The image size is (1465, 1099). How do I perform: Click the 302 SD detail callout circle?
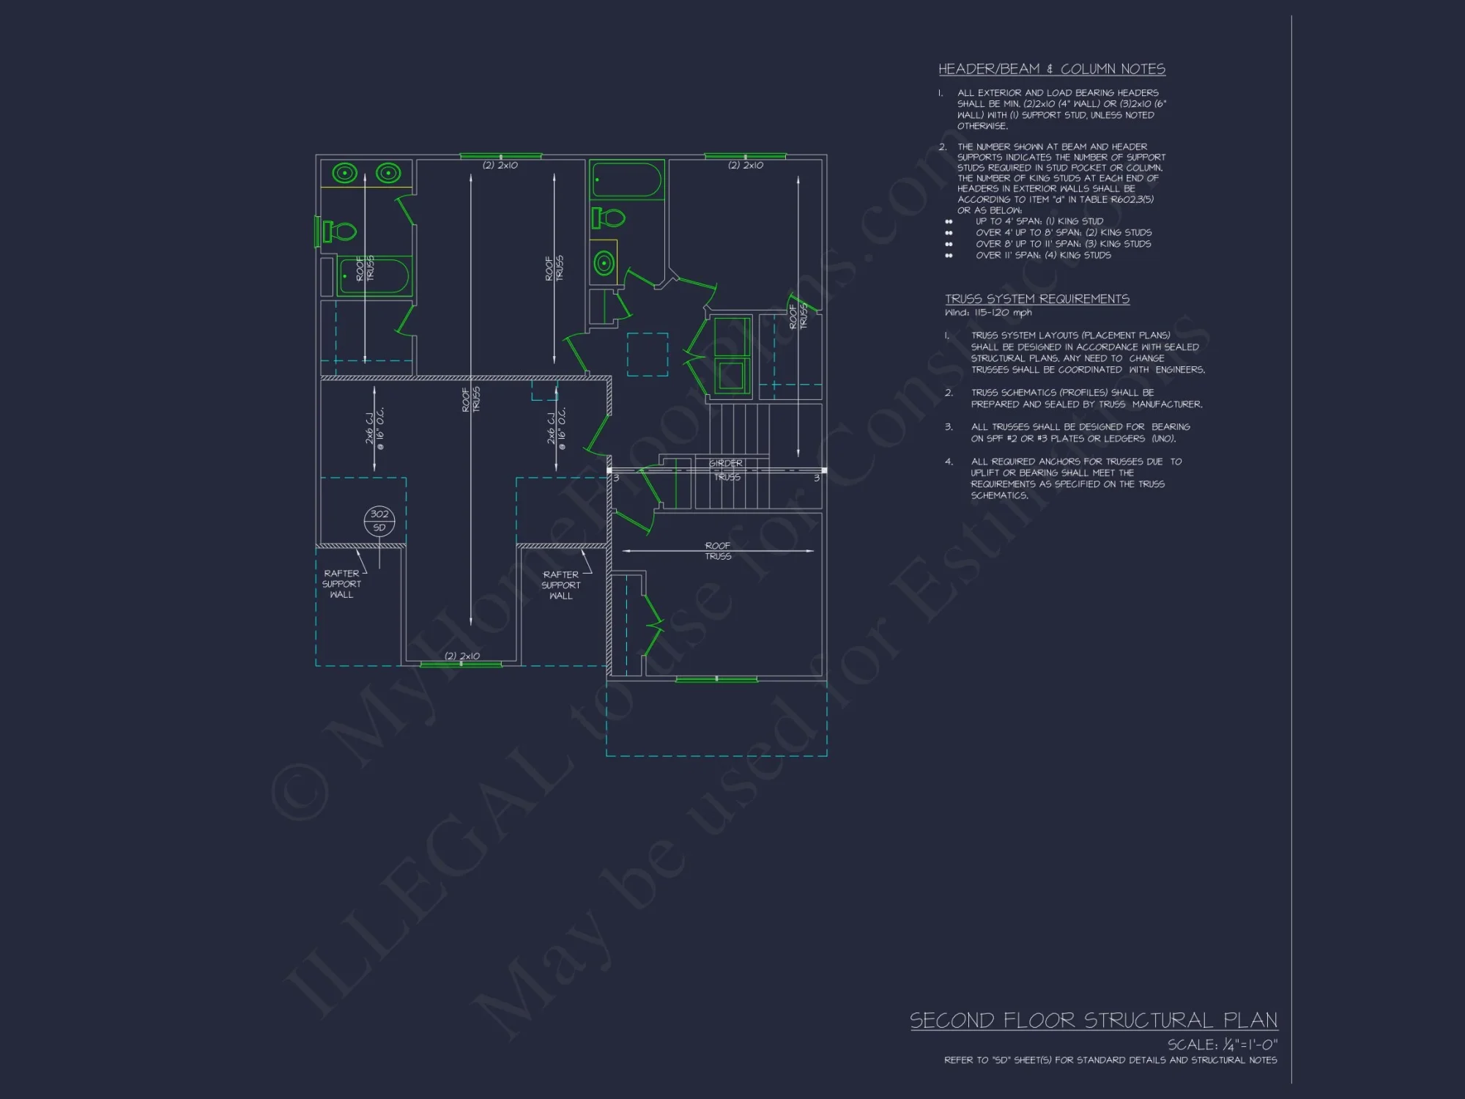tap(379, 521)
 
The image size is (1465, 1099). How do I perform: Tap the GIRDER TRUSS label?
tap(726, 470)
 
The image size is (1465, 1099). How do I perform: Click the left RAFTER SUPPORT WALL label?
tap(341, 584)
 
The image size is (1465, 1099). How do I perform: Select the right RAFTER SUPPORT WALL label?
tap(560, 585)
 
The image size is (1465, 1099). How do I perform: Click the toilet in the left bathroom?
tap(338, 232)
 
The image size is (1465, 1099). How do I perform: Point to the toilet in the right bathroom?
tap(609, 218)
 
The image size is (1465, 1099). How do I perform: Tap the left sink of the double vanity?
tap(345, 173)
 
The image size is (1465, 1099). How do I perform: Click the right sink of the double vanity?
tap(387, 173)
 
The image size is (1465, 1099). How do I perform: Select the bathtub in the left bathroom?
tap(374, 276)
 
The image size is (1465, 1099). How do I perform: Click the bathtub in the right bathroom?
tap(627, 180)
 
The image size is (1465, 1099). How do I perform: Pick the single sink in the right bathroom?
tap(604, 263)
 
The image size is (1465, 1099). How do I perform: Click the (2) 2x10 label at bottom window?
tap(462, 656)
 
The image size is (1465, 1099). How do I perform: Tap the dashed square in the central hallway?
tap(648, 355)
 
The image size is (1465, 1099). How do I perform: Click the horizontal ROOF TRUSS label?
tap(718, 551)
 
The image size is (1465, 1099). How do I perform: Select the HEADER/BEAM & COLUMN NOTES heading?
tap(1051, 69)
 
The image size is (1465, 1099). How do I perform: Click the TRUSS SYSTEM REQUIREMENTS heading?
tap(1036, 299)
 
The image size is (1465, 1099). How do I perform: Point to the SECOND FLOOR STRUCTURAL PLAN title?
tap(1093, 1020)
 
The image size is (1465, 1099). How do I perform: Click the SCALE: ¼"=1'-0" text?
tap(1222, 1044)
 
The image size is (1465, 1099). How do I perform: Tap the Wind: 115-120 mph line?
tap(988, 313)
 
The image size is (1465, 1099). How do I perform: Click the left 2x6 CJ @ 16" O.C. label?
tap(374, 428)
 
